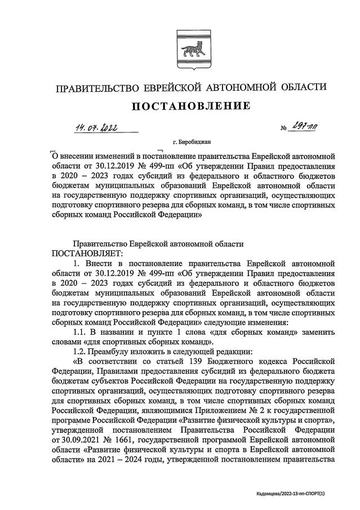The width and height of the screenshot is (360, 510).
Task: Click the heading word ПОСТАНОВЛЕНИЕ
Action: click(191, 105)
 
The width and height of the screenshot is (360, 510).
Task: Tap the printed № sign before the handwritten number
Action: click(283, 130)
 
